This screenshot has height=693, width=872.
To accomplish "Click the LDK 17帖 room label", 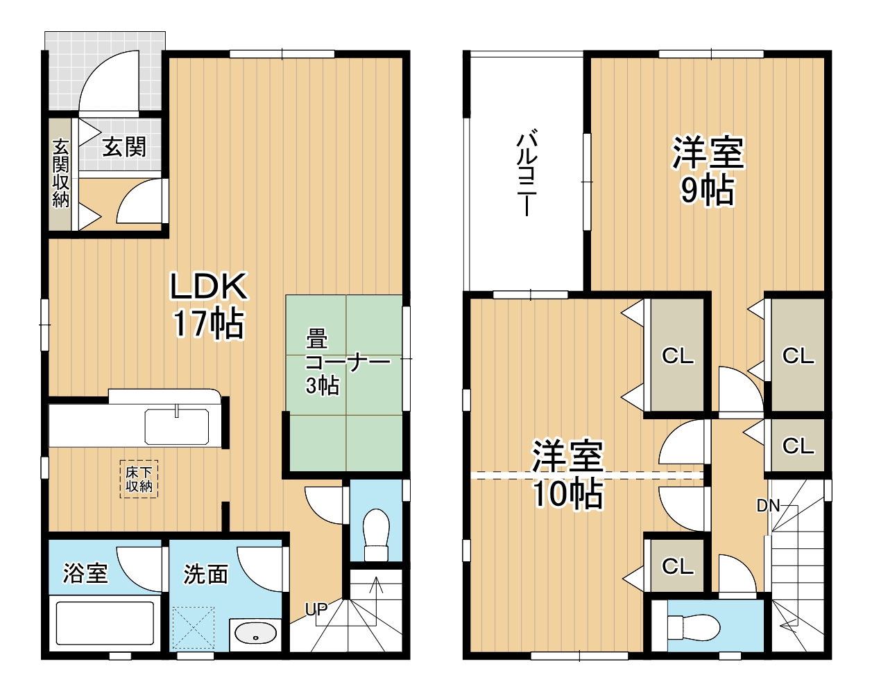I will [208, 305].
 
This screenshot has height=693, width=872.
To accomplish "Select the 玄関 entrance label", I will [125, 147].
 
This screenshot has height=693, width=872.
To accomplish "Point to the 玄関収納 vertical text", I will [61, 173].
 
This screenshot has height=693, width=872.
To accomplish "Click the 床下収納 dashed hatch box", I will [139, 479].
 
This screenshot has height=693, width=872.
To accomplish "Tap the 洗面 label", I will [205, 574].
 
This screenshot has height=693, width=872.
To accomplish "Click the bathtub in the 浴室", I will [105, 624].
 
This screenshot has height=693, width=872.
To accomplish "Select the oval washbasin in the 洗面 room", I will [255, 633].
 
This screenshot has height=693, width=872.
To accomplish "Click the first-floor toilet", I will [376, 534].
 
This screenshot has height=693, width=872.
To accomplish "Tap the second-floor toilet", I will [694, 628].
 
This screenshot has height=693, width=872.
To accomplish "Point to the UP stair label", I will [316, 610].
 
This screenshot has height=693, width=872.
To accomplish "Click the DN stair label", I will [768, 506].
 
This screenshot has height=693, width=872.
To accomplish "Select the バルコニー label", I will [527, 173].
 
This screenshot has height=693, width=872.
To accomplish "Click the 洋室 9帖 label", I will [708, 170].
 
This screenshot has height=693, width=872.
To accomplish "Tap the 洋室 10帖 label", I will [567, 474].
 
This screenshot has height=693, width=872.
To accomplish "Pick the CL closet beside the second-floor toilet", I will [677, 566].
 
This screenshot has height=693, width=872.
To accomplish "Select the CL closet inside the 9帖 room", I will [798, 356].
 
